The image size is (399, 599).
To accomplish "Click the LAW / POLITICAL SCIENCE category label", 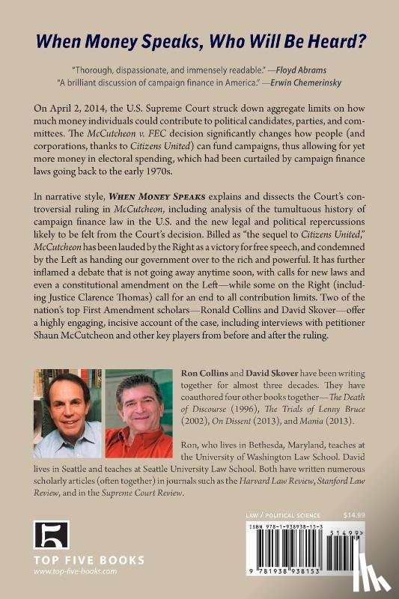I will click(x=283, y=516).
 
